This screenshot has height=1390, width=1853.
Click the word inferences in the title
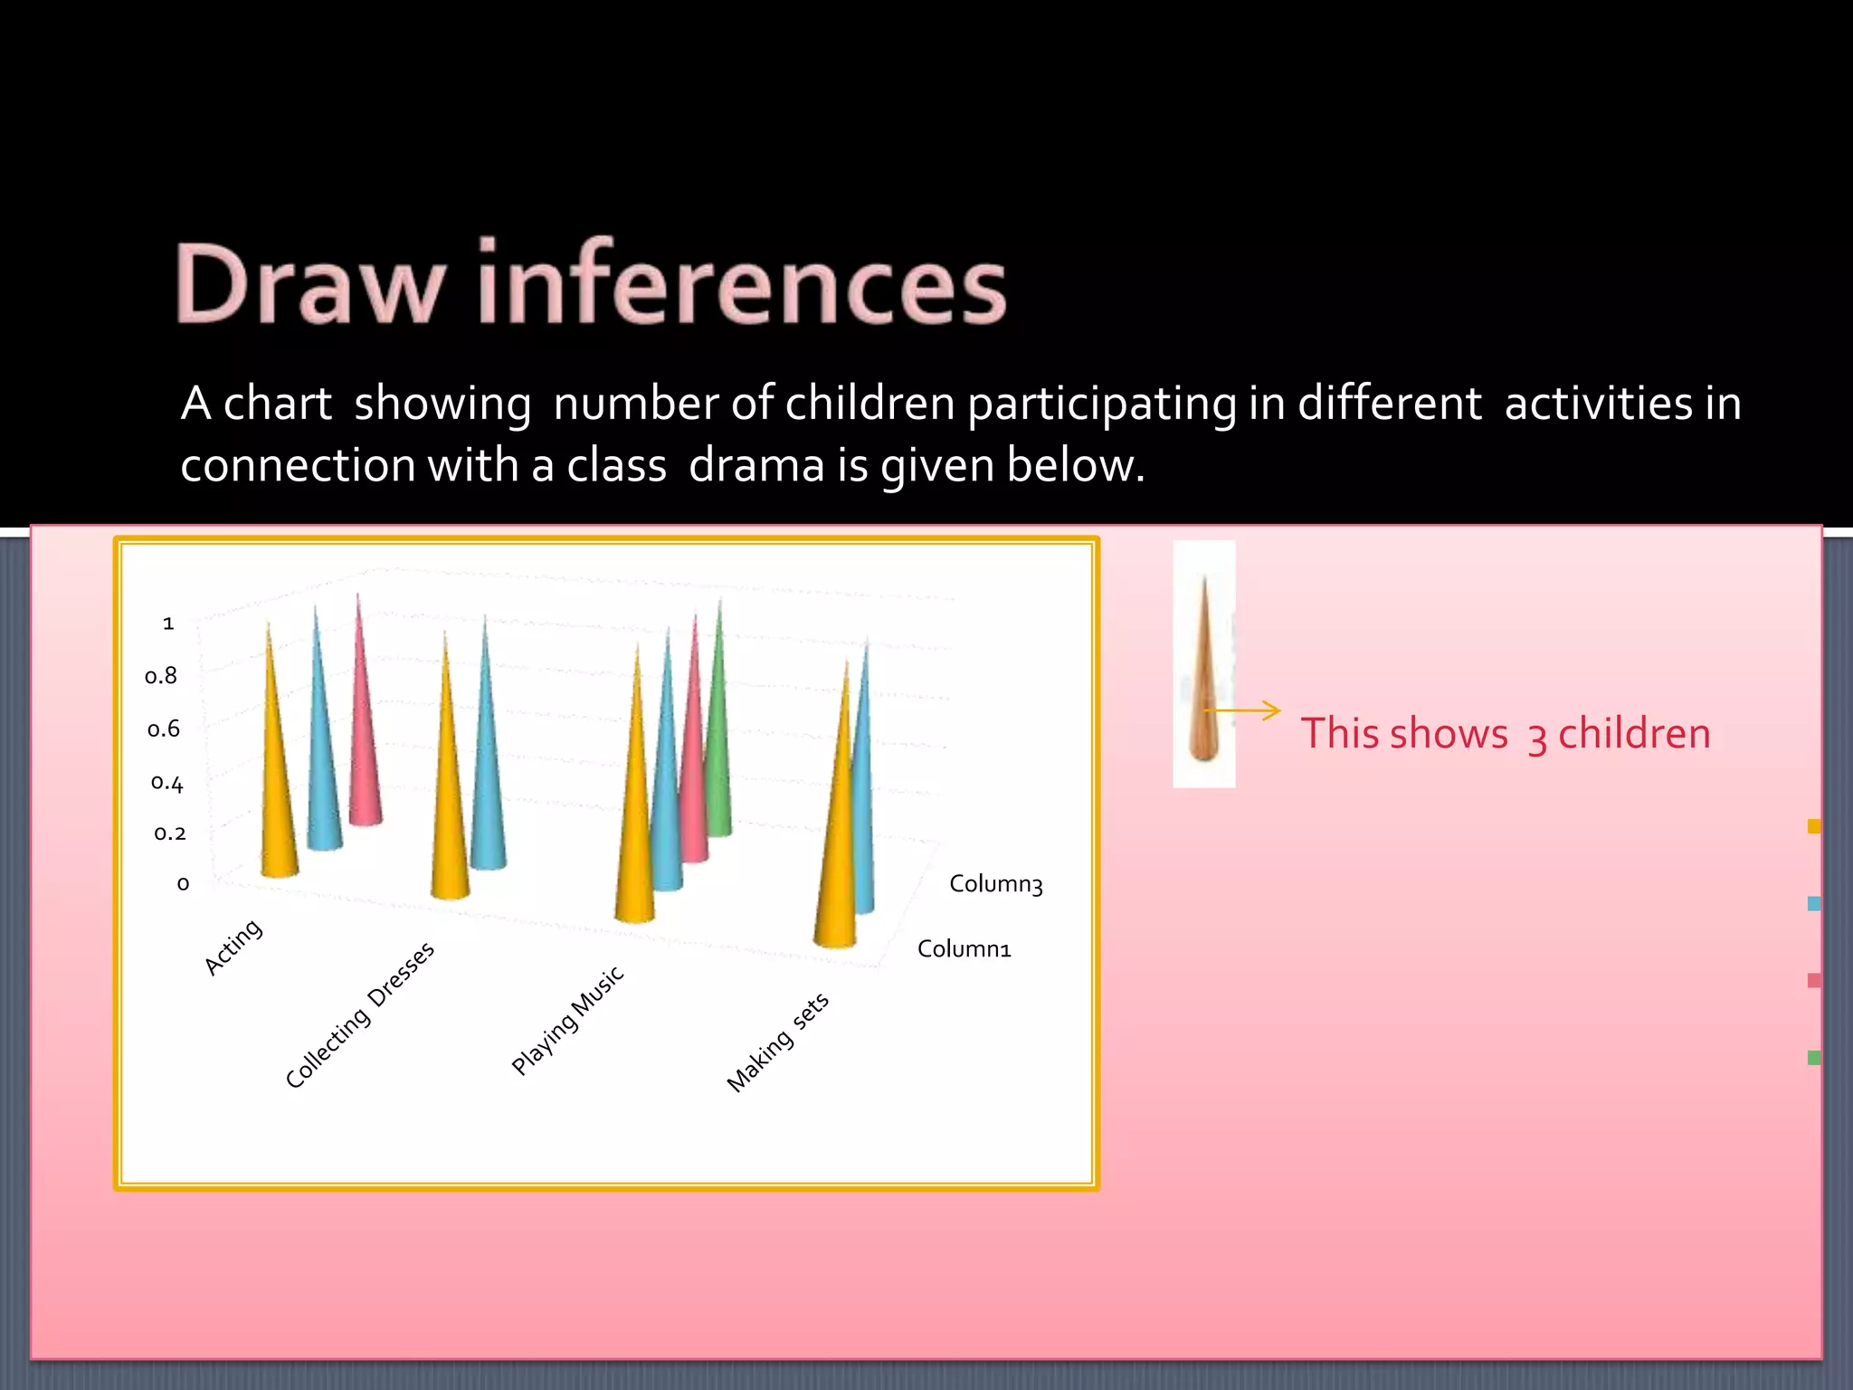click(742, 285)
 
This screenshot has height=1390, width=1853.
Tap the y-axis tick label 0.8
click(161, 676)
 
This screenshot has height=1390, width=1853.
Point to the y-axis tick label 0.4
click(166, 782)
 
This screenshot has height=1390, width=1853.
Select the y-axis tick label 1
click(168, 624)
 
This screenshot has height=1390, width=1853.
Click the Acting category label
click(233, 947)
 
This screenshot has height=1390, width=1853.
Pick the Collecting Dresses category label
click(359, 1015)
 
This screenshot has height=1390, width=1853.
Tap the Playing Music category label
click(567, 1020)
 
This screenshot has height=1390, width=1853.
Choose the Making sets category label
click(777, 1042)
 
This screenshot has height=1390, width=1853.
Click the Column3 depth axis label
click(995, 884)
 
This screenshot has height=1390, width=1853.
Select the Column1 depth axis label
click(964, 949)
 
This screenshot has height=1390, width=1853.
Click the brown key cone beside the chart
click(1204, 688)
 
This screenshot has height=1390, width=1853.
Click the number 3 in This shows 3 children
click(1536, 737)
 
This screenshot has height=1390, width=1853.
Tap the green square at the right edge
click(1813, 1057)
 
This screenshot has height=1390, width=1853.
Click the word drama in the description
click(756, 465)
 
